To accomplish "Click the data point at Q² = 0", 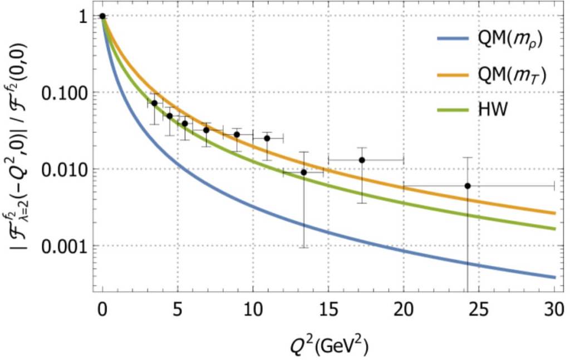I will (102, 16).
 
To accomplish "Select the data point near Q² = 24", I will (468, 185).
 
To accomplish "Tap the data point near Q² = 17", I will (362, 160).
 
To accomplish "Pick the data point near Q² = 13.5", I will (303, 172).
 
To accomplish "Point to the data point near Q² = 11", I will (267, 138).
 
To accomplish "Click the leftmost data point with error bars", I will (154, 103).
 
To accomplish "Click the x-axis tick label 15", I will (327, 309).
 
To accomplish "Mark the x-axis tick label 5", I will (177, 309).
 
